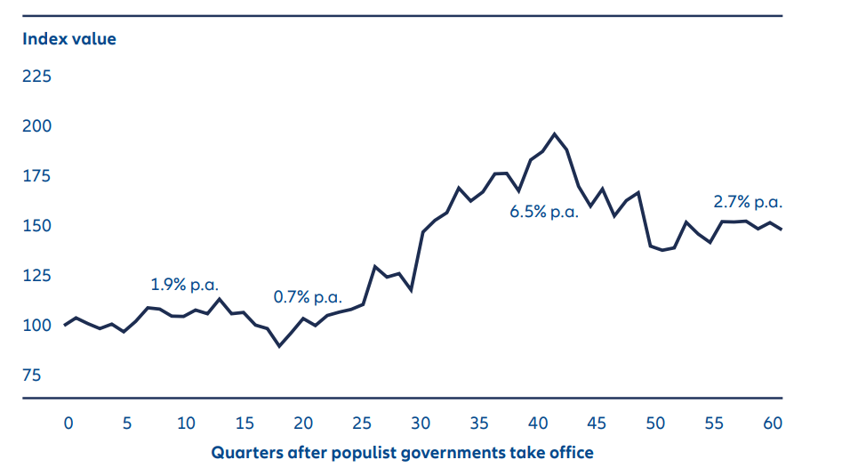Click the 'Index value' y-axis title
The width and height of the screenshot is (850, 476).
[x=69, y=39]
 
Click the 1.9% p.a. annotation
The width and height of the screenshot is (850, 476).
[x=184, y=286]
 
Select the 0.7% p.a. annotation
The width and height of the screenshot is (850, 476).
[x=307, y=296]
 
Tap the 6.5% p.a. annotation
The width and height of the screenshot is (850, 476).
[x=543, y=213]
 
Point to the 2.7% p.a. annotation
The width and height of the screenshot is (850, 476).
[x=748, y=202]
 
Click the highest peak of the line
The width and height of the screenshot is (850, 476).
[x=555, y=133]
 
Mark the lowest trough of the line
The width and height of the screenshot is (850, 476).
[x=279, y=345]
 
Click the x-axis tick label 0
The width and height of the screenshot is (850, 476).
[x=68, y=424]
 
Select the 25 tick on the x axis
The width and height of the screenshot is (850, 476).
[x=362, y=424]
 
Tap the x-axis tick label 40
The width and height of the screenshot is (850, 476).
[x=538, y=424]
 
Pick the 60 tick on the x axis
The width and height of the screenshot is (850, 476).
[x=773, y=424]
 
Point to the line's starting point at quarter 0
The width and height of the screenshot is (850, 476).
[x=65, y=325]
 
